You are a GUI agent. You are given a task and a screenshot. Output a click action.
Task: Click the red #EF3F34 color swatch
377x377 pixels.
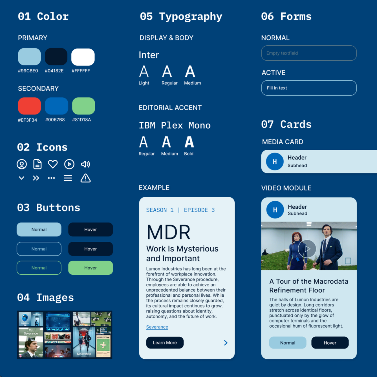[x=29, y=106]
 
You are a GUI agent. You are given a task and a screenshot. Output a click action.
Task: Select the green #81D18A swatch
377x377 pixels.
[x=83, y=106]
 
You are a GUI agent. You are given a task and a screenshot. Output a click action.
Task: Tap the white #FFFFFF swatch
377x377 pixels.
[x=83, y=57]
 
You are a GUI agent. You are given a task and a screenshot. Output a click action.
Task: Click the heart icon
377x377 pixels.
[x=53, y=164]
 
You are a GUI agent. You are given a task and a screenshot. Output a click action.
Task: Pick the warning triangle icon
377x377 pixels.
[x=85, y=178]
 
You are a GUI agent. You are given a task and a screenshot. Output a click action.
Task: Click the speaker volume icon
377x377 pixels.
[x=85, y=164]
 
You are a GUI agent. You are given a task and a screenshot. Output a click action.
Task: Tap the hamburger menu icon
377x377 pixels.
[x=68, y=178]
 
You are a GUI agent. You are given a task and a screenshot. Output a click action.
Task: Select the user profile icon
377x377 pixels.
[x=22, y=164]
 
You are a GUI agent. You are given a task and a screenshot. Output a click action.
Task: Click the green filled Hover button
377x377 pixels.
[x=91, y=268]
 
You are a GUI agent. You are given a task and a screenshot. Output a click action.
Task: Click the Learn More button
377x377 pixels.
[x=165, y=343]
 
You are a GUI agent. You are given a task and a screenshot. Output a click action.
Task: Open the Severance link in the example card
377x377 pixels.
[x=157, y=327]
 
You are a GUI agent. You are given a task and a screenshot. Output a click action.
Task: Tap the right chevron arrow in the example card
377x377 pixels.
[x=226, y=343]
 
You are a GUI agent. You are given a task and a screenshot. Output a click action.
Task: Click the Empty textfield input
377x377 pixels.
[x=309, y=53]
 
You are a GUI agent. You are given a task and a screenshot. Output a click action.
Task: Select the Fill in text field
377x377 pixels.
[x=309, y=88]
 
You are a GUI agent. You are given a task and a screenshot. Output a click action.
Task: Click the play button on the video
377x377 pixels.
[x=307, y=249]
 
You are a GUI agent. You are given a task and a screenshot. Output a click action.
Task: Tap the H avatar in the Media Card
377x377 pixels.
[x=275, y=162]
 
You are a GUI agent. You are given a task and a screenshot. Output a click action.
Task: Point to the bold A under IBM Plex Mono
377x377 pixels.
[x=189, y=142]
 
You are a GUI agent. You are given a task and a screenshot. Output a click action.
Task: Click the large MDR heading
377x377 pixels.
[x=169, y=232]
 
